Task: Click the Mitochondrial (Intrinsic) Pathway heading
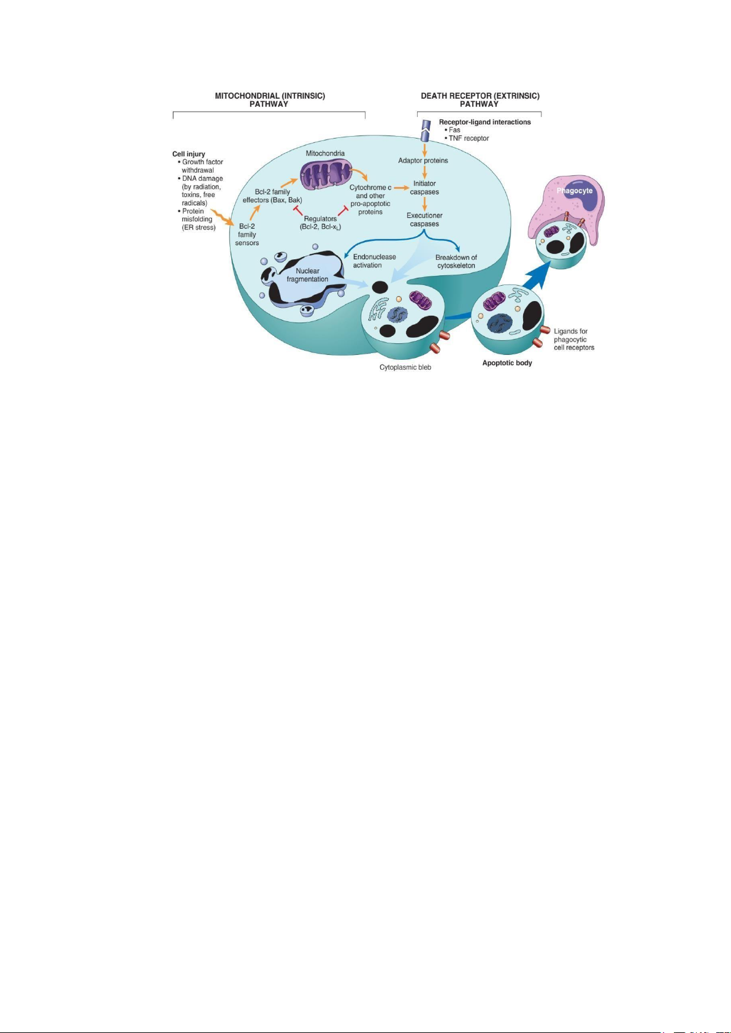270,100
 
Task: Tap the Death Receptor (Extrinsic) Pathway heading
480,100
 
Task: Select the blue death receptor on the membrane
424,129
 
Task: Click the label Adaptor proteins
423,161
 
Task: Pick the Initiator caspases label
424,188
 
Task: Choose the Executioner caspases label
424,219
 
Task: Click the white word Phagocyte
575,191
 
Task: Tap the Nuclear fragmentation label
307,275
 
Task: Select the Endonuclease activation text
374,261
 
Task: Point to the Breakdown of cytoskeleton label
456,262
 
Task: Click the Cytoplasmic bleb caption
405,367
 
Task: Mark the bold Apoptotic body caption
507,363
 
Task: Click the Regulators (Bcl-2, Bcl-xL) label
320,223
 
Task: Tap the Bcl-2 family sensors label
247,235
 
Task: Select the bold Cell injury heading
189,154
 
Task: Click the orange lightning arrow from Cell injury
221,215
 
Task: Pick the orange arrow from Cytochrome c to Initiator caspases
401,187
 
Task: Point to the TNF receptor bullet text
469,139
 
